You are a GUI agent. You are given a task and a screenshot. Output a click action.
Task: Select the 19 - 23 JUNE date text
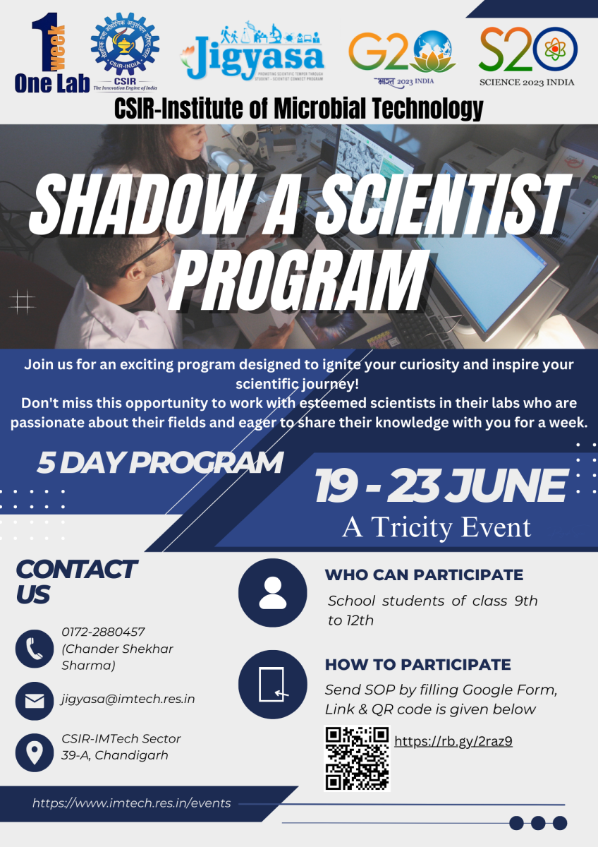pyautogui.click(x=440, y=486)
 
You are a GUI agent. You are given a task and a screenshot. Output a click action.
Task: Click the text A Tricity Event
pyautogui.click(x=436, y=527)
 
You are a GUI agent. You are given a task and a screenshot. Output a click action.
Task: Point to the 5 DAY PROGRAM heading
pyautogui.click(x=160, y=462)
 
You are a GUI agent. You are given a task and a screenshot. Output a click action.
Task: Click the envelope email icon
pyautogui.click(x=34, y=701)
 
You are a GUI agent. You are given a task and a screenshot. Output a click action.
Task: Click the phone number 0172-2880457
pyautogui.click(x=103, y=632)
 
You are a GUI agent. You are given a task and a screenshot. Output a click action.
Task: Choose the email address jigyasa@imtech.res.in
pyautogui.click(x=128, y=699)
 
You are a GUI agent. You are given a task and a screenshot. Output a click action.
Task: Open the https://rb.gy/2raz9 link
pyautogui.click(x=453, y=740)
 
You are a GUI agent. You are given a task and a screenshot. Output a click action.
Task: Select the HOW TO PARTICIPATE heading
pyautogui.click(x=417, y=664)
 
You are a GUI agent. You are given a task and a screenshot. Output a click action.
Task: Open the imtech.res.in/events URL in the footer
pyautogui.click(x=131, y=803)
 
